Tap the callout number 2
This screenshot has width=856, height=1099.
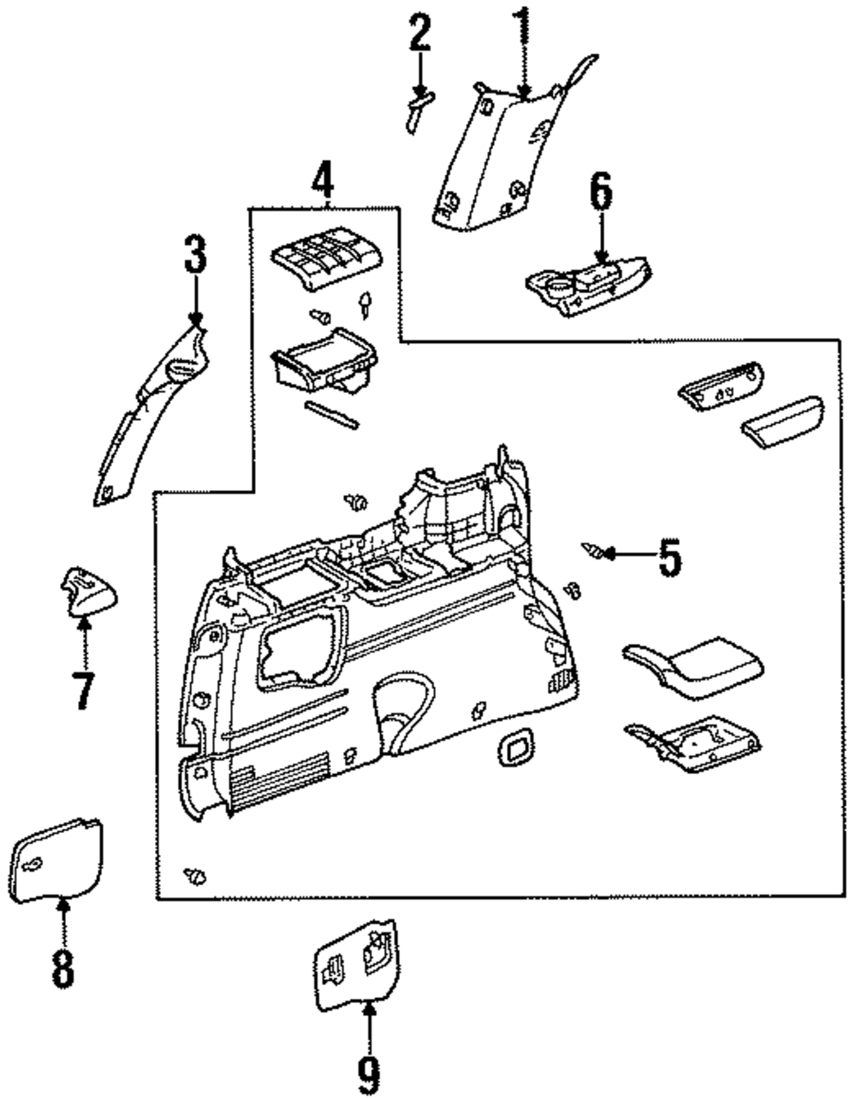(419, 33)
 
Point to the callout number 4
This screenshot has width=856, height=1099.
(323, 178)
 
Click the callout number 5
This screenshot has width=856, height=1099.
(670, 558)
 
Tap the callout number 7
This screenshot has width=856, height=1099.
(85, 690)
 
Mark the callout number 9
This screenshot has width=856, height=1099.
(369, 1075)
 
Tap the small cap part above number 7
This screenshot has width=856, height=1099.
(87, 591)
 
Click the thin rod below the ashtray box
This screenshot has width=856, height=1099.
(331, 416)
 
